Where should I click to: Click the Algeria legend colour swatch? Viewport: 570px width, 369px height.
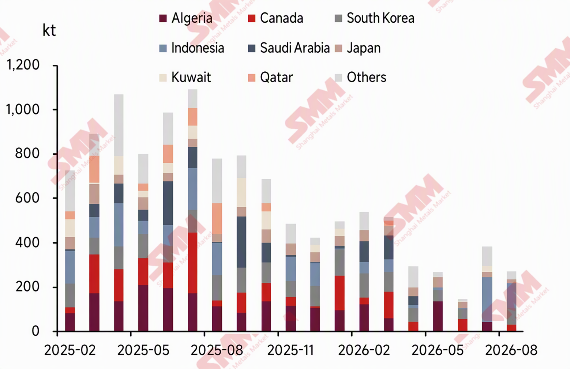(163, 18)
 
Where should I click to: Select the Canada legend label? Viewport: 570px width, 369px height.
(281, 18)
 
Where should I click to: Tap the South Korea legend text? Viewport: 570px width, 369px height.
(380, 18)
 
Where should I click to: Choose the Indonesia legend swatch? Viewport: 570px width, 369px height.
(163, 48)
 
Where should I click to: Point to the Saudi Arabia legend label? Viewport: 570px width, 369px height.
(295, 48)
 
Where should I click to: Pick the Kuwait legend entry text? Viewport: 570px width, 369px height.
(191, 77)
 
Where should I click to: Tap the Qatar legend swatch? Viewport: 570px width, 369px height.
(251, 78)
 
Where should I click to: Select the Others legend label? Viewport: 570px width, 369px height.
(367, 77)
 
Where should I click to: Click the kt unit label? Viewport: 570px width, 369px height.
(49, 30)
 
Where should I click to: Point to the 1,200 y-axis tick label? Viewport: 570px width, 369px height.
(23, 65)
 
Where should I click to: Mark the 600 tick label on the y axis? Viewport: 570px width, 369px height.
(27, 198)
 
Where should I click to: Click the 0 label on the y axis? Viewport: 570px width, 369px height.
(35, 331)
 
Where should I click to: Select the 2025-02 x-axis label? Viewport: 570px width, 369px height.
(70, 350)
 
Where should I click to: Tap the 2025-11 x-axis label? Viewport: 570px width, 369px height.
(290, 350)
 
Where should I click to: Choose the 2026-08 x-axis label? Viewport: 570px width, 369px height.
(511, 350)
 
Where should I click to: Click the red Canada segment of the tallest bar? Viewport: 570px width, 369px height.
(193, 263)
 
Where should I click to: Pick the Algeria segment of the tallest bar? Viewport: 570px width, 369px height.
(193, 312)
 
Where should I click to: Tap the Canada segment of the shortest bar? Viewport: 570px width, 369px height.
(462, 325)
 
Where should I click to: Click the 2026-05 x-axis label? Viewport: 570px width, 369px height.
(438, 350)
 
